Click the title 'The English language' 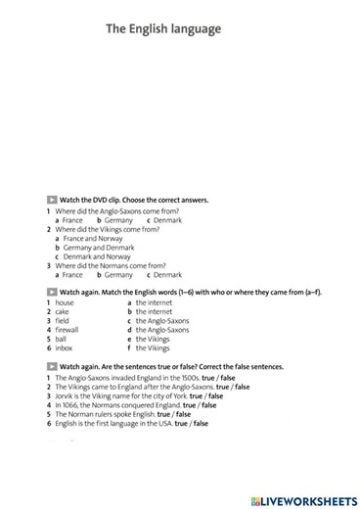pos(163,29)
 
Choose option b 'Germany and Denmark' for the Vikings pos(100,247)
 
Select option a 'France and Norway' pos(93,238)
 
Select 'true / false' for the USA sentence pos(192,424)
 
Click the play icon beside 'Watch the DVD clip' pos(51,199)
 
